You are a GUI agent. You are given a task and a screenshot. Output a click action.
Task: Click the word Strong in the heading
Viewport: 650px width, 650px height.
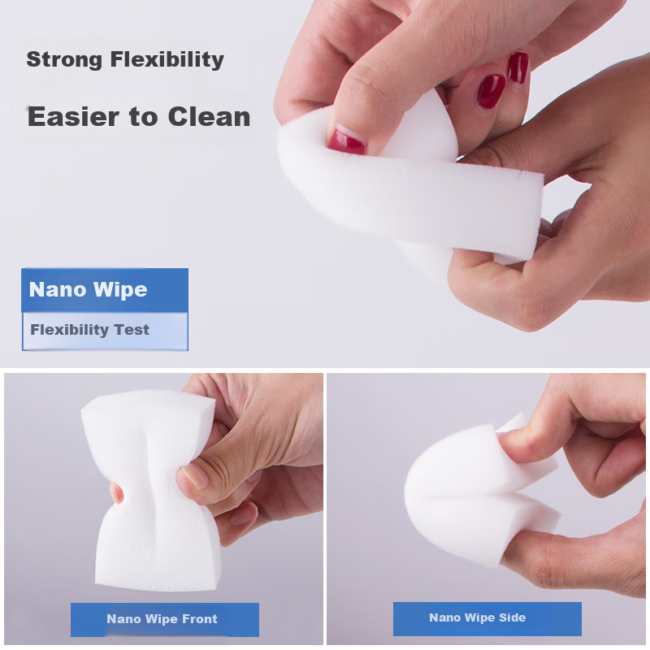pos(64,60)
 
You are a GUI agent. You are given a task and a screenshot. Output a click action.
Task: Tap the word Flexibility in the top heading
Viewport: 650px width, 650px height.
pos(167,59)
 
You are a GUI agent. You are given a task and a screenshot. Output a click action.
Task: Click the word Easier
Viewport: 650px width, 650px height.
pos(73,116)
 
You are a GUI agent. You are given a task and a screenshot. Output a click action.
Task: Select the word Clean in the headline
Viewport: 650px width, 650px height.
pos(210,116)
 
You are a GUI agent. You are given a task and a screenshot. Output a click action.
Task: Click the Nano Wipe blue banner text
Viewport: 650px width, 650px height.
pos(89,289)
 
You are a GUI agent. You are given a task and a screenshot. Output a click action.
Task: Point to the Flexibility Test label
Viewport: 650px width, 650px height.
pos(89,330)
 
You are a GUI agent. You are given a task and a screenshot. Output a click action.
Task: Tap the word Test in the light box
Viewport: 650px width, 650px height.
pos(132,330)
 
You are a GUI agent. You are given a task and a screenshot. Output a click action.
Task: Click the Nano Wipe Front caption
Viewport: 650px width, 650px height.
pos(162,619)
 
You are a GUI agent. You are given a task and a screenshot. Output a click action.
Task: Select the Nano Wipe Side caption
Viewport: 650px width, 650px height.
pos(478,617)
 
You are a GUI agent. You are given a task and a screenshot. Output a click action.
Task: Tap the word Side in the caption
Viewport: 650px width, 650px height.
pos(513,617)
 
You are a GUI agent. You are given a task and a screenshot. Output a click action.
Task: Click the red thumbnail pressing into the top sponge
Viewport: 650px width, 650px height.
pos(347,140)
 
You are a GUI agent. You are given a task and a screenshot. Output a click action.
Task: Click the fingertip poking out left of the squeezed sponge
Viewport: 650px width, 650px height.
pos(117,492)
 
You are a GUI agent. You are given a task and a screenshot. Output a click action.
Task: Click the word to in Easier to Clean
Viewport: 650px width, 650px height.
pos(144,117)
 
